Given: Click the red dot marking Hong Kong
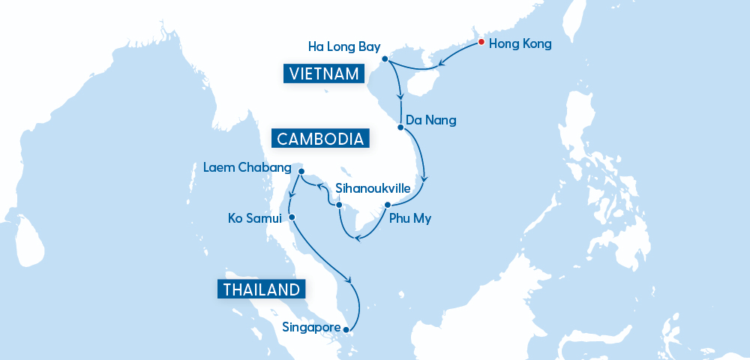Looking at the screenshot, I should coord(481,42).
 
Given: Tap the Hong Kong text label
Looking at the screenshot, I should coord(520,44).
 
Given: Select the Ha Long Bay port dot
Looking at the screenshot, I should coord(385,58).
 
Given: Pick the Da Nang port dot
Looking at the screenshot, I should coord(400,127).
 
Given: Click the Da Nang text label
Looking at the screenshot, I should coord(430,120).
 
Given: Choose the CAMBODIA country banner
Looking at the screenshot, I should coord(320,139).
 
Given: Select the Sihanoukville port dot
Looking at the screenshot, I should coord(339,205).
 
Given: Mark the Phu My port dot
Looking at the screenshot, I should coord(387,205).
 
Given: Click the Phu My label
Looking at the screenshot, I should coord(409,220).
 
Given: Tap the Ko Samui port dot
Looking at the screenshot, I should coord(292,218).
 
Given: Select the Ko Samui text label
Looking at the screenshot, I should coord(254,219).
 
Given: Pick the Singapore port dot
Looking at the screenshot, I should coord(346,328).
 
